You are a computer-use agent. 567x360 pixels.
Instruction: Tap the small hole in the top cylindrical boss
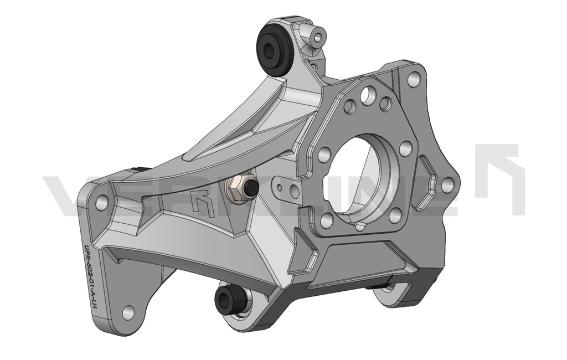pyautogui.click(x=318, y=38)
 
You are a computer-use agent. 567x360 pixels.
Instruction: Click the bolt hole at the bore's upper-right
pyautogui.click(x=405, y=148)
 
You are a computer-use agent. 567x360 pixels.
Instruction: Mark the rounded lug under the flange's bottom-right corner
pyautogui.click(x=393, y=294)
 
